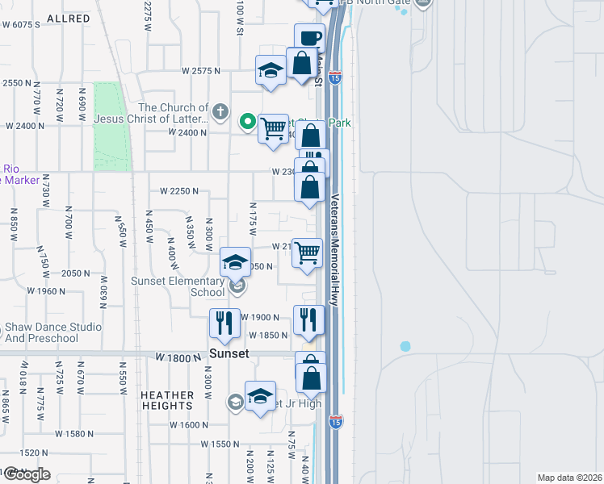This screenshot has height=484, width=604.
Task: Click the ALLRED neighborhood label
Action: coord(68,18)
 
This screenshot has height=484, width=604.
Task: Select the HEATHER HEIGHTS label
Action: coord(167,401)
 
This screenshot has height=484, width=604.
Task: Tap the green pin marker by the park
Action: coord(249,123)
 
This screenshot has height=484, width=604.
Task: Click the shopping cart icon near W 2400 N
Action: coord(274,127)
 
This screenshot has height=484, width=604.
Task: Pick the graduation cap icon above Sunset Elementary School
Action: coord(235,261)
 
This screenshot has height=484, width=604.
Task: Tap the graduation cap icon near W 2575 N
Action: coord(271,70)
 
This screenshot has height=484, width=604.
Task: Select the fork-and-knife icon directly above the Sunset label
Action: coord(224,323)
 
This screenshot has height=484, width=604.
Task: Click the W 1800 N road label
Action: coord(177,356)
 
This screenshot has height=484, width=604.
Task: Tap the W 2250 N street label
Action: coord(179,191)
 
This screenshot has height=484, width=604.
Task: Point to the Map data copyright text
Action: coord(568,478)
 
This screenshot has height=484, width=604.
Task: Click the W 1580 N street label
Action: coord(61,434)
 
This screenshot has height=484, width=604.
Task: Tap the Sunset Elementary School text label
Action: coord(178,286)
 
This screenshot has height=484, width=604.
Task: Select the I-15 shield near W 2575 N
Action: coord(335,78)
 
